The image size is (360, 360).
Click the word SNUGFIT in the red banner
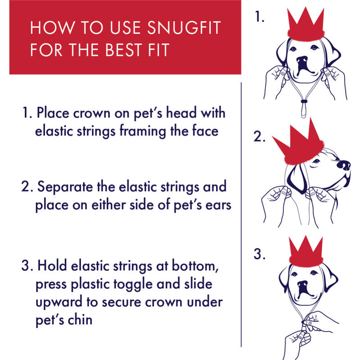coord(184,27)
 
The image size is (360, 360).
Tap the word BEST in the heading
coord(123,50)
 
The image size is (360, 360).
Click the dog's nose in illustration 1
coord(302,60)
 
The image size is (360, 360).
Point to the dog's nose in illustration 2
coord(344,165)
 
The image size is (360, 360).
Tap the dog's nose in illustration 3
coord(303,284)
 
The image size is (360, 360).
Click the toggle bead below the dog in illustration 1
coord(304,101)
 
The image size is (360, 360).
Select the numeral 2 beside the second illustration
coord(260,136)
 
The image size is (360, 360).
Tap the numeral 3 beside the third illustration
coord(260,254)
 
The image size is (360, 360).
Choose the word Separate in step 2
coord(65,187)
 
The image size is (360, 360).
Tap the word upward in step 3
coord(59,301)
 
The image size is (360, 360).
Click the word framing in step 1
coord(143,132)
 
